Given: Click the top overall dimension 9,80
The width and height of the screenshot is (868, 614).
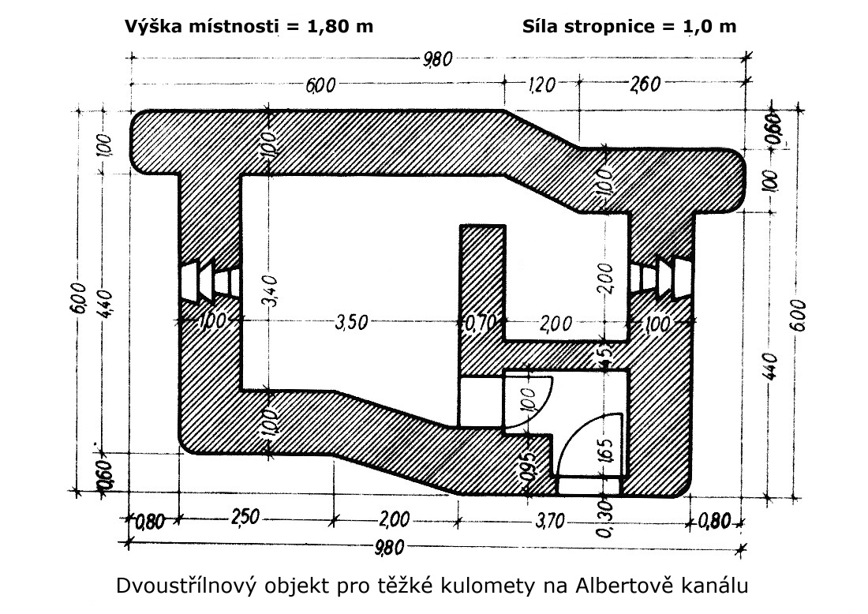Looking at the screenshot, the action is click(x=437, y=58).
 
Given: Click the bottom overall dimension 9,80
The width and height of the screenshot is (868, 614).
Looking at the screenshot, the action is click(x=389, y=548).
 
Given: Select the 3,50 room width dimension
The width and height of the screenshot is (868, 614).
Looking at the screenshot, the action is click(x=352, y=322).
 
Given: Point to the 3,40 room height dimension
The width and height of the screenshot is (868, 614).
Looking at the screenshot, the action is click(x=271, y=290).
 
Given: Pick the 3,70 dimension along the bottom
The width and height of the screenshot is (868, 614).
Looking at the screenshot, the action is click(x=550, y=520).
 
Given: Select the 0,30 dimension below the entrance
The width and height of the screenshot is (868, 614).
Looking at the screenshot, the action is click(x=605, y=518).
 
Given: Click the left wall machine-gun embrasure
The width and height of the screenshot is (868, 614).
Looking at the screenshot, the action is click(x=211, y=282).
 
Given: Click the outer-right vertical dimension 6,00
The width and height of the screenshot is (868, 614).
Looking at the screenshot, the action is click(x=800, y=315).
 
